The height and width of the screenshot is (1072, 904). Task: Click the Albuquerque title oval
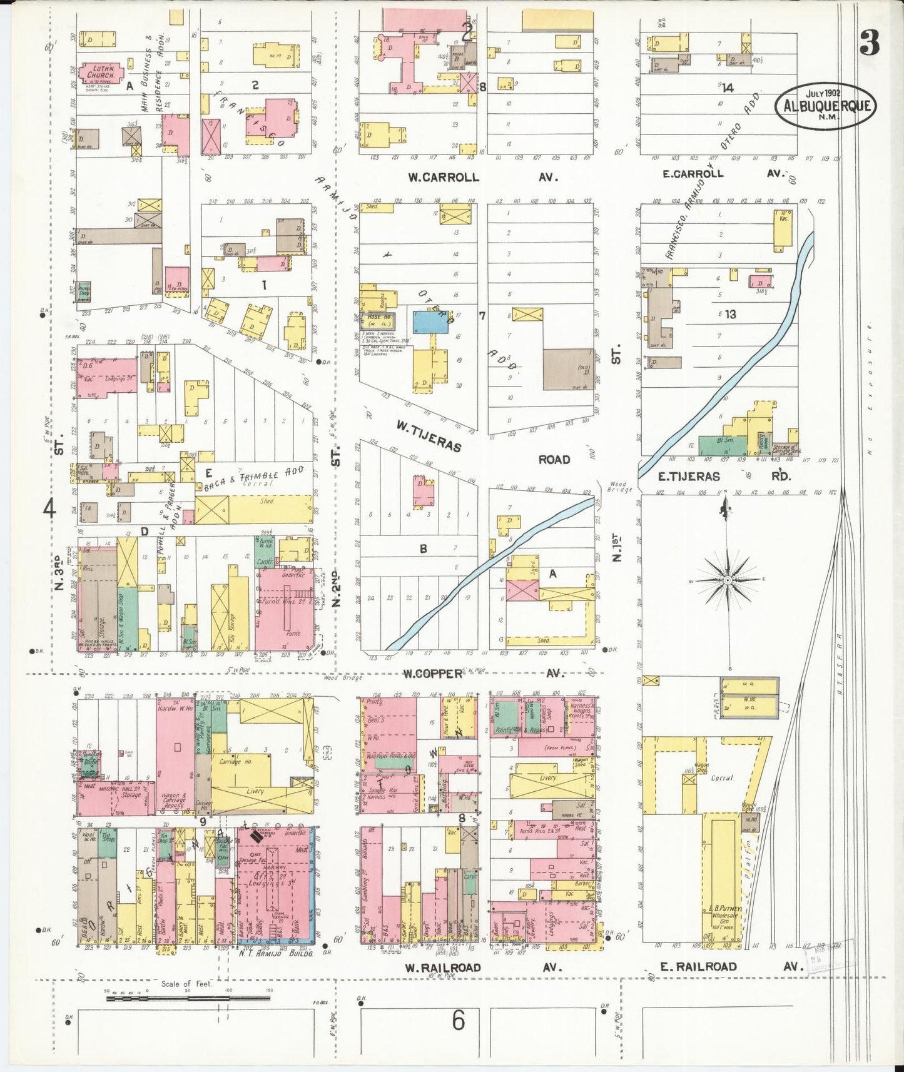coord(825,105)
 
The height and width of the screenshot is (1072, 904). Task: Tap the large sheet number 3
coord(869,43)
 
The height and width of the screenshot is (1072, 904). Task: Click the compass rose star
coord(728,580)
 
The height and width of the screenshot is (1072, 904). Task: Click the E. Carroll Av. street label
coord(722,174)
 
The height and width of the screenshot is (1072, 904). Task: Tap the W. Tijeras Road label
coord(482,443)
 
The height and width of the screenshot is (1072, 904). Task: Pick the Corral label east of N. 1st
coord(722,778)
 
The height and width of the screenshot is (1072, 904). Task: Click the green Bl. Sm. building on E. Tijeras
coord(723,445)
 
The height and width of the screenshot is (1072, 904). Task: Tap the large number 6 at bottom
coord(459,1021)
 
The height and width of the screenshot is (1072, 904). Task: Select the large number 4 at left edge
coord(49,508)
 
